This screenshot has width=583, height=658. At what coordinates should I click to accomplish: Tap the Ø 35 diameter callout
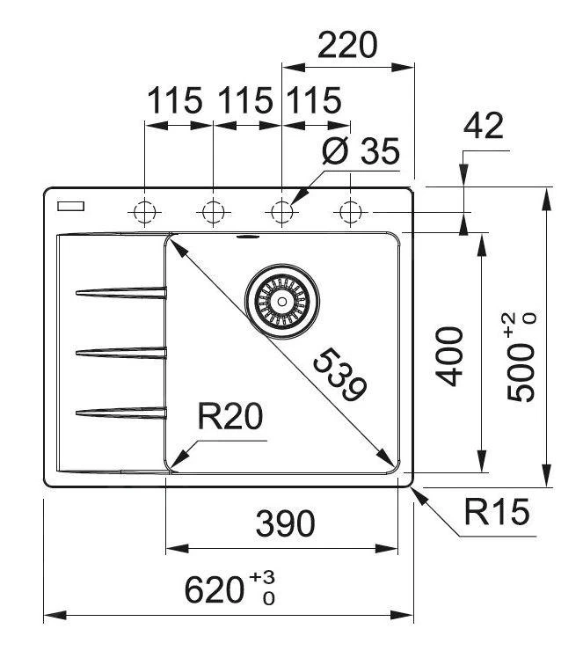361,151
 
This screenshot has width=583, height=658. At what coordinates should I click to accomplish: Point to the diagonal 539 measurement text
339,376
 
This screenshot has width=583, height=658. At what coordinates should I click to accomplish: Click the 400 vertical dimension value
449,355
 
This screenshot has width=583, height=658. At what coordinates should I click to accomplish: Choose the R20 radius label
230,416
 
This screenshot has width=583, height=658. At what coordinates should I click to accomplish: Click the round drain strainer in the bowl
281,300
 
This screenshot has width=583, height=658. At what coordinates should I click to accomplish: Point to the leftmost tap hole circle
143,212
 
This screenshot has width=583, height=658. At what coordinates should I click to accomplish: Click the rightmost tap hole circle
350,212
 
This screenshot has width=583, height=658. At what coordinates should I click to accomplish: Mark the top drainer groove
121,293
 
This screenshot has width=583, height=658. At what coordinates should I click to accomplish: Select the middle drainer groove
121,353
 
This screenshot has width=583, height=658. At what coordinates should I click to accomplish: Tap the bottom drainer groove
121,411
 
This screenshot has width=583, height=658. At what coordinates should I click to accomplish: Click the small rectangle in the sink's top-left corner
69,207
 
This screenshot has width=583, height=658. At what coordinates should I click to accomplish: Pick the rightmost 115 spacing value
310,101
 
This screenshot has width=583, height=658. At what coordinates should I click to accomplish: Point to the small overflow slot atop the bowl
247,237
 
